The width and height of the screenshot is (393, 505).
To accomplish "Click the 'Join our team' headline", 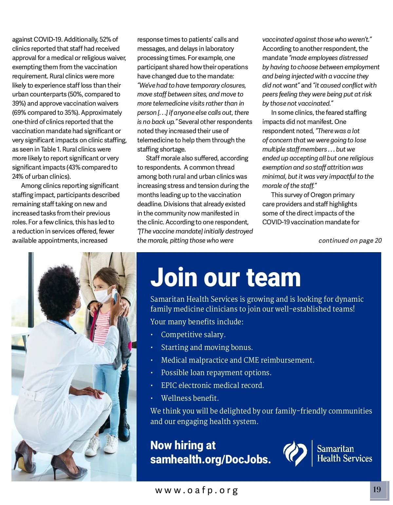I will point(225,277).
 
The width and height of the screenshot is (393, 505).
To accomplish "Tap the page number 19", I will point(377,490).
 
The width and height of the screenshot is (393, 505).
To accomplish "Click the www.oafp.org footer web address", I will point(196,491).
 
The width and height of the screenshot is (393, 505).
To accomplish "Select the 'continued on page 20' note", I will point(350,241).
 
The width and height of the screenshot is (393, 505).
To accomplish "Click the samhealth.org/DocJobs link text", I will point(210,459).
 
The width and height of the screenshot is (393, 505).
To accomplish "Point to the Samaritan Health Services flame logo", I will point(295,453).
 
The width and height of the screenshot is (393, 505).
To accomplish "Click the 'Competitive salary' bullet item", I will point(193,334).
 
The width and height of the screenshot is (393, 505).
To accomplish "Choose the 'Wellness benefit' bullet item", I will point(190,398).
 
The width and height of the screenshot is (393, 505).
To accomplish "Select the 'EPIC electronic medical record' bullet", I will point(212,385).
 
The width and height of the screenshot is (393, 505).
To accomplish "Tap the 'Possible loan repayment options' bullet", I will point(216,373).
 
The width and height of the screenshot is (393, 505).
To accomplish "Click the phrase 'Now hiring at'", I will point(183,445).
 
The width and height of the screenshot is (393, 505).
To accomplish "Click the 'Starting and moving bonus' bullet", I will point(207,347).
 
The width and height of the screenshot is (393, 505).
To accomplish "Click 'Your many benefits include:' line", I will point(197,322).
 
